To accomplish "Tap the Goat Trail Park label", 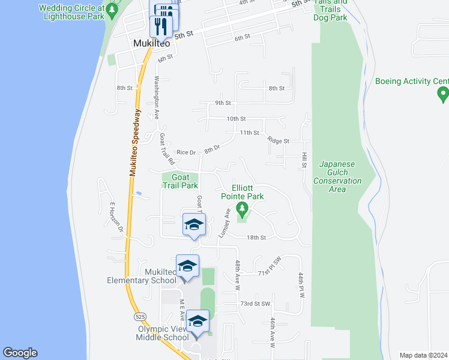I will coord(180,181).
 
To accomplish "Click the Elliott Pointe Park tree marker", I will coord(243,209).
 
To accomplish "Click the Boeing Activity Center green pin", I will coord(443,94).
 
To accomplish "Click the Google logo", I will coord(20,353).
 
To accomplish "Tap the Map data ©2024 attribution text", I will coord(423,355).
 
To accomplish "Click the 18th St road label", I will coord(256,238).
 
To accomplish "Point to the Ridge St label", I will coord(278,141).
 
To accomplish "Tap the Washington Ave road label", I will coord(157,98).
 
